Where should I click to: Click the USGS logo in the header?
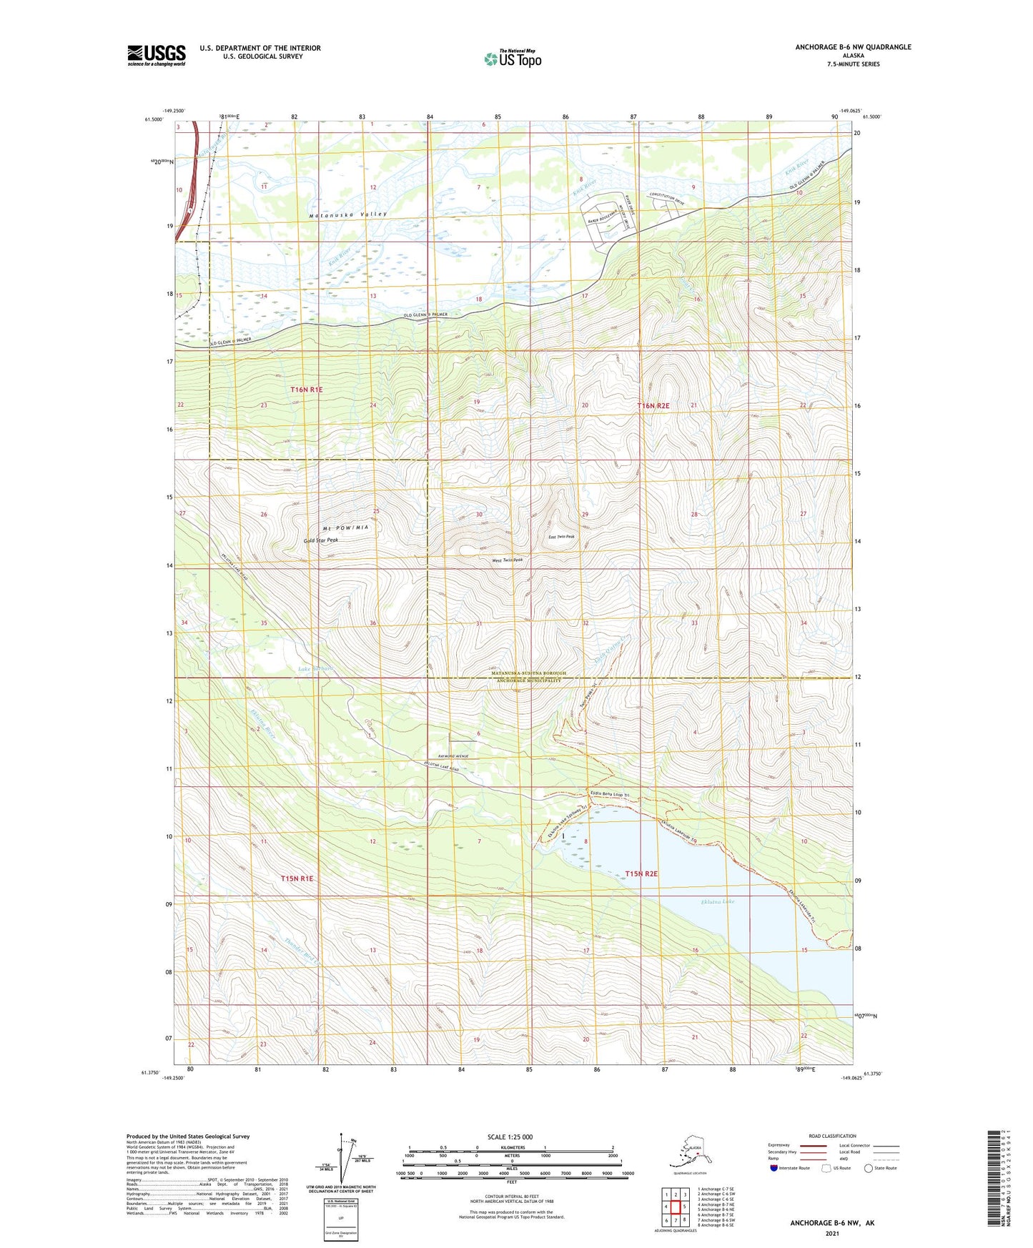pos(156,55)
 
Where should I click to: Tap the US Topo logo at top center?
pos(512,59)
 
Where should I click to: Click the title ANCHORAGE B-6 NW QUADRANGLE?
pos(853,47)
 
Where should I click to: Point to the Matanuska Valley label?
pos(347,214)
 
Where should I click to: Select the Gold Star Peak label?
pos(321,540)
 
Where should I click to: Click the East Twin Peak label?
pos(560,536)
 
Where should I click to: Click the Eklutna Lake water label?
pos(717,902)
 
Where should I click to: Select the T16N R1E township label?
pos(307,390)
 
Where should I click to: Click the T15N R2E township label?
pos(641,873)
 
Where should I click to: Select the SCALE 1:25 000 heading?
pos(510,1137)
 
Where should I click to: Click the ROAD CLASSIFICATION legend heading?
pos(832,1136)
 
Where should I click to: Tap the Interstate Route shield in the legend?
pos(774,1168)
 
